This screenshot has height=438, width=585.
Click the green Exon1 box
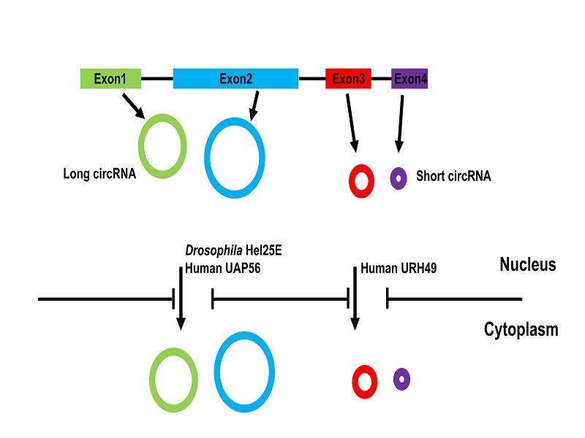tap(110, 78)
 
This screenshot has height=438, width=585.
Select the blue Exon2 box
tap(235, 78)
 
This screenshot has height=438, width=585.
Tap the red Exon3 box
tap(348, 78)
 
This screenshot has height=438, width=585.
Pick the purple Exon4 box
tap(409, 78)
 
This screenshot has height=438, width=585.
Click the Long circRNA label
tap(99, 174)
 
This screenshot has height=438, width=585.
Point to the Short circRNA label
tap(453, 176)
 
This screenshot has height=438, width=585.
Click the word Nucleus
tap(528, 264)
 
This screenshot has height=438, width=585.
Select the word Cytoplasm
tap(521, 330)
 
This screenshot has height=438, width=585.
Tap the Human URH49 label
tap(396, 269)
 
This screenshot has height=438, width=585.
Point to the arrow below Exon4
tap(400, 120)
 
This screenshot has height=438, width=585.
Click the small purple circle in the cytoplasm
tap(401, 379)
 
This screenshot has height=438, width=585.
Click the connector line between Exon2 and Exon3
tap(312, 78)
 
